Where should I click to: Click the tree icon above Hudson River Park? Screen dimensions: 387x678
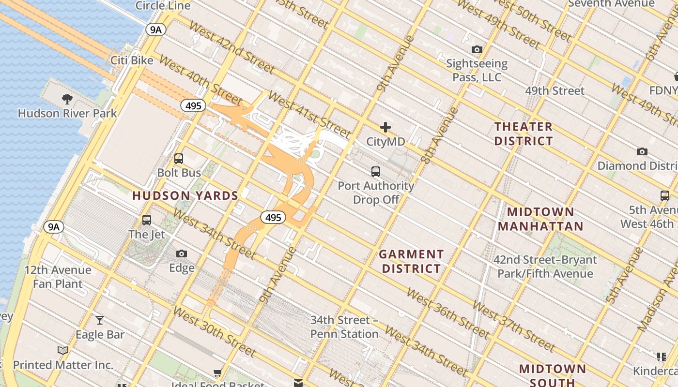pyautogui.click(x=67, y=99)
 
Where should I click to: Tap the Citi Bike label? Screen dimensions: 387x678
pyautogui.click(x=132, y=60)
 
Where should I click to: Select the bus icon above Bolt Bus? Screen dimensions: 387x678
pyautogui.click(x=179, y=158)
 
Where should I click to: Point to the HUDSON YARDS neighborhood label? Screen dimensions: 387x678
pyautogui.click(x=185, y=196)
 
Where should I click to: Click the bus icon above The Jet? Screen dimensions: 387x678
pyautogui.click(x=147, y=220)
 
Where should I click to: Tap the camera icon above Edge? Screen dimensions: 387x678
pyautogui.click(x=182, y=253)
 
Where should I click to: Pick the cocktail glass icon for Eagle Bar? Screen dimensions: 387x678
pyautogui.click(x=100, y=320)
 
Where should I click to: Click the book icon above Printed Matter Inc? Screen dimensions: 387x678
pyautogui.click(x=63, y=350)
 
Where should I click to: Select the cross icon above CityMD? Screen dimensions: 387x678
pyautogui.click(x=385, y=127)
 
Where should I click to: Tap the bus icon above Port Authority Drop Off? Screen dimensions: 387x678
pyautogui.click(x=376, y=171)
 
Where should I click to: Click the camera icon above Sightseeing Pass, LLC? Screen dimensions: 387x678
pyautogui.click(x=477, y=49)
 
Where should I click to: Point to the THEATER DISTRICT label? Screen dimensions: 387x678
pyautogui.click(x=524, y=134)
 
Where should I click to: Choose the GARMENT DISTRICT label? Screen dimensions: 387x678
pyautogui.click(x=411, y=261)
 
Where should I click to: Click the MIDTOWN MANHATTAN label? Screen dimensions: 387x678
pyautogui.click(x=540, y=219)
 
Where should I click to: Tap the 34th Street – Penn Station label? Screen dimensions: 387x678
pyautogui.click(x=344, y=327)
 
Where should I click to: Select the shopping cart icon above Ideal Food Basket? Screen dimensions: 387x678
pyautogui.click(x=218, y=373)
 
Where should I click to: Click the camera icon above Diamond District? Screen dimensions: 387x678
pyautogui.click(x=642, y=151)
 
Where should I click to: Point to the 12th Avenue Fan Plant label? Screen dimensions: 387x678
pyautogui.click(x=58, y=277)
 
